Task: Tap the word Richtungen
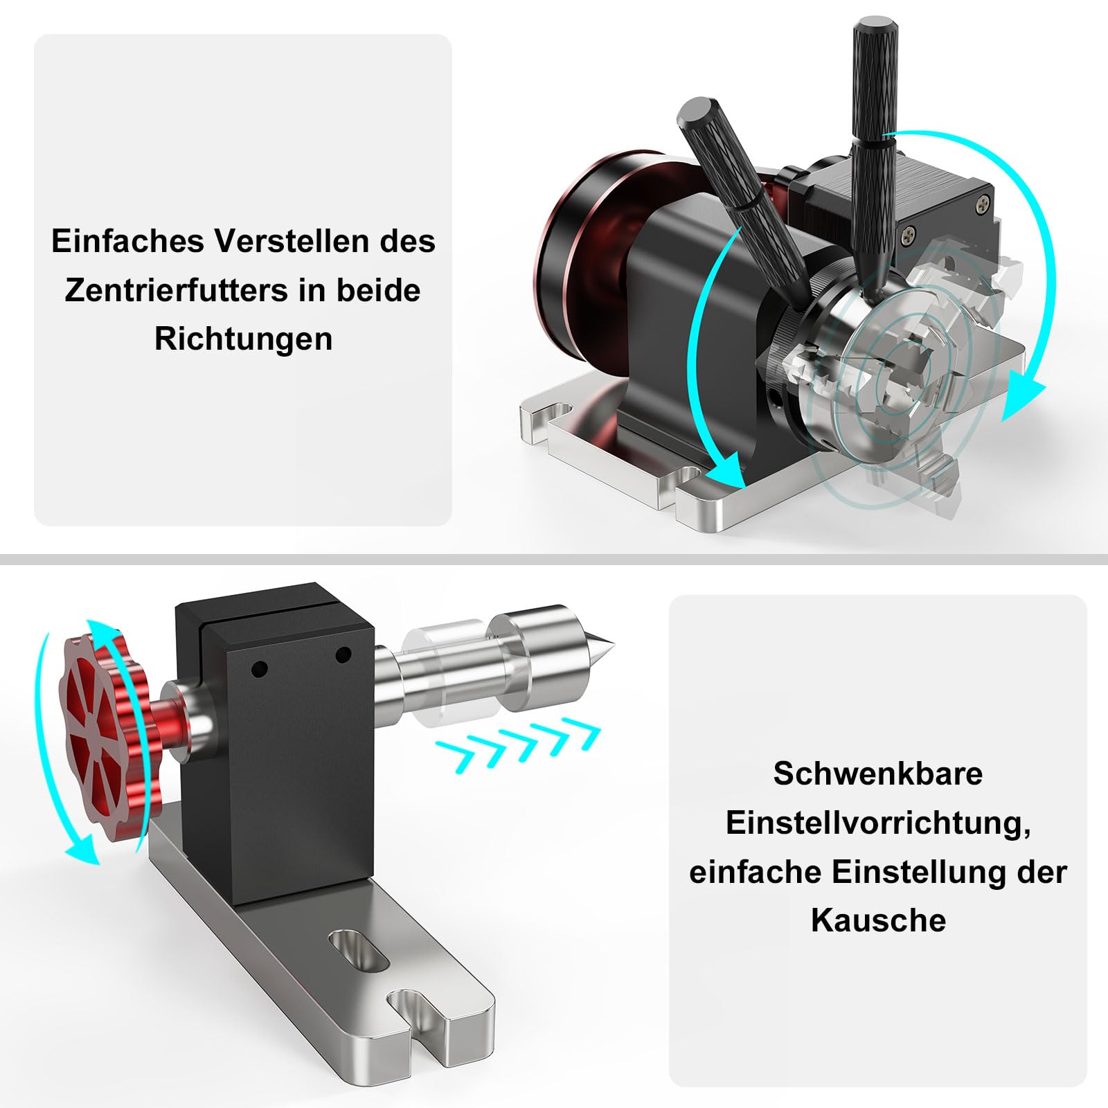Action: point(243,339)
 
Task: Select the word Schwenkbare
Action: point(877,774)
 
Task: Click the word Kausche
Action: point(877,920)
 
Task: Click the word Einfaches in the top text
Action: point(127,241)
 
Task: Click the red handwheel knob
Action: point(104,734)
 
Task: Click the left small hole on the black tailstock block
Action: point(260,669)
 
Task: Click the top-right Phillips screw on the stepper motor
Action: point(985,203)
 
